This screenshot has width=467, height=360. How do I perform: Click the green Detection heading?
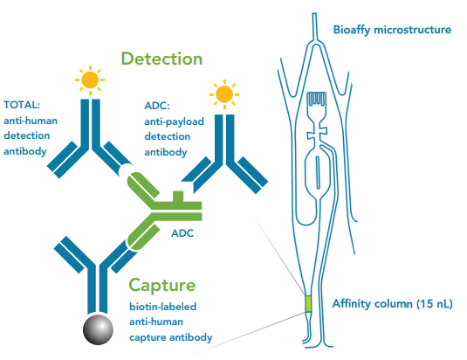tap(161, 59)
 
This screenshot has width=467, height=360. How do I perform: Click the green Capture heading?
tap(162, 286)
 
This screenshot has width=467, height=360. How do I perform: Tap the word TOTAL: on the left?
tap(22, 105)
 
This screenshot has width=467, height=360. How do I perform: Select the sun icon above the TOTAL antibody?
tap(90, 80)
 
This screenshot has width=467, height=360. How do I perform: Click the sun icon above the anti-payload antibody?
tap(224, 94)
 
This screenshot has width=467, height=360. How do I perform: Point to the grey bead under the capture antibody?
tap(98, 329)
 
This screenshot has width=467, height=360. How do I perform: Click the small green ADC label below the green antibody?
tap(182, 233)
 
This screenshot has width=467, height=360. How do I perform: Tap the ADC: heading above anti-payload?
tap(157, 106)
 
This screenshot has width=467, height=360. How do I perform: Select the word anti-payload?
tap(175, 121)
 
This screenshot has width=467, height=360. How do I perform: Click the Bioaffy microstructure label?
tap(392, 30)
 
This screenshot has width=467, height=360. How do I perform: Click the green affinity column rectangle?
tap(308, 303)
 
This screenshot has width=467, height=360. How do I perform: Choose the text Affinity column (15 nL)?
tap(393, 304)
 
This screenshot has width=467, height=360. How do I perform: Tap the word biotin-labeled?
tap(163, 307)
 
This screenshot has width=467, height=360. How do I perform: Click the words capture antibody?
tap(171, 337)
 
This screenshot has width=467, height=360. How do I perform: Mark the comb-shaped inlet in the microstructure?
tap(316, 99)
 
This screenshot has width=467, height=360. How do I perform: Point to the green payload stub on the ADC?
tap(178, 197)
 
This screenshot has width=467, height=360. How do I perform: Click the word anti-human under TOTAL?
tap(31, 121)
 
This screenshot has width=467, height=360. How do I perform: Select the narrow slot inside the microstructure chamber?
tap(318, 172)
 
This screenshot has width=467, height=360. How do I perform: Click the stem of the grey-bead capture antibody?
tap(98, 289)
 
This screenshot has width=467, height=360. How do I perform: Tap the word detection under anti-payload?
tap(168, 136)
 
